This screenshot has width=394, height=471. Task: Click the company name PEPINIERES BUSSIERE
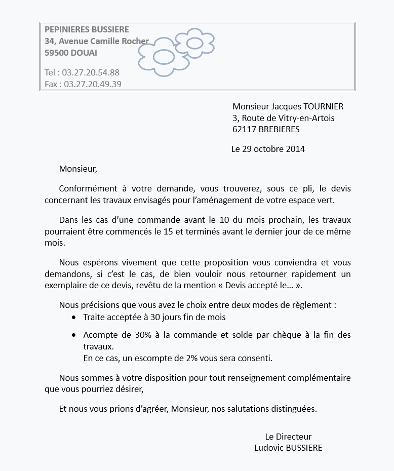click(x=87, y=30)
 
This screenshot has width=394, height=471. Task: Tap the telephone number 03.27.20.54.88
click(x=91, y=72)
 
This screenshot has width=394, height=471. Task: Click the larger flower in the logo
click(x=163, y=57)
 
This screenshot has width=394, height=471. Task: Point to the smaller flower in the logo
click(x=194, y=43)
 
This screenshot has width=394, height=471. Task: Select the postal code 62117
click(x=244, y=129)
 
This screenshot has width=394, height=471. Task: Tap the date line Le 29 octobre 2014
click(x=268, y=149)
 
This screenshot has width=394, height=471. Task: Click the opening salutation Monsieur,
click(x=77, y=168)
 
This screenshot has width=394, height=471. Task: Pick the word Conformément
click(x=84, y=188)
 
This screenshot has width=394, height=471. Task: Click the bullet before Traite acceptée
click(x=74, y=318)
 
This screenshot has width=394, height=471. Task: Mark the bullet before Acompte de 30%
click(x=74, y=335)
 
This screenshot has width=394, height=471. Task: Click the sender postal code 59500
click(x=56, y=53)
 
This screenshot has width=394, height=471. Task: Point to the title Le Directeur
click(x=288, y=437)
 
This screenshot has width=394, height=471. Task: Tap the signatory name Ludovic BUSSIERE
click(x=288, y=448)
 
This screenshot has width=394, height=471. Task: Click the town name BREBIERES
click(x=279, y=129)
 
